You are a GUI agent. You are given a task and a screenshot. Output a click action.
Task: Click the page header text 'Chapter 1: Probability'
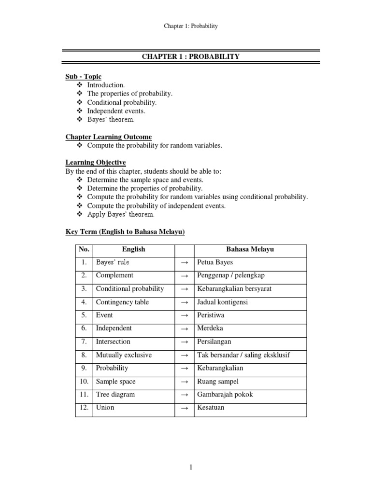(x=190, y=26)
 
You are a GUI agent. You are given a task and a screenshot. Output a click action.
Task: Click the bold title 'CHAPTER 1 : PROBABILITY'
(x=190, y=57)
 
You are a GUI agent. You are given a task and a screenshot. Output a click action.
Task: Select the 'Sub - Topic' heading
(x=84, y=77)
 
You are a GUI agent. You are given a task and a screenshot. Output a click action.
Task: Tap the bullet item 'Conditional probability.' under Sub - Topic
(x=122, y=102)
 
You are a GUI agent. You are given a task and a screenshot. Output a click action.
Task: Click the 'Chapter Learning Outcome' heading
(x=109, y=137)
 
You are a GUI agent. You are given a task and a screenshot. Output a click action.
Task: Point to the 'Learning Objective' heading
(x=96, y=163)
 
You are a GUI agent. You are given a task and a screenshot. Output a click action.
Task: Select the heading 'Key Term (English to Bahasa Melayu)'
(x=125, y=232)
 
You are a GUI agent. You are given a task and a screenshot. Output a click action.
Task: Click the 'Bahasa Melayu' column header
(x=250, y=250)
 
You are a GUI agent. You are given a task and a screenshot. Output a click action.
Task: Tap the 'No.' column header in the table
(x=84, y=250)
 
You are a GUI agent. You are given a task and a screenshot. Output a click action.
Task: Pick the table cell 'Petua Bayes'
(x=215, y=262)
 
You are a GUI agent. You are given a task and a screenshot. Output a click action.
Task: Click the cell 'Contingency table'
(x=122, y=302)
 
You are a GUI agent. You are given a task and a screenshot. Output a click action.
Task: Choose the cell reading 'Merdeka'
(x=210, y=328)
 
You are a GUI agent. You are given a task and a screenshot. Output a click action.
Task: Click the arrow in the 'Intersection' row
(x=184, y=342)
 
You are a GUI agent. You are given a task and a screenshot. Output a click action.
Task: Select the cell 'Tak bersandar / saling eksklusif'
(x=243, y=355)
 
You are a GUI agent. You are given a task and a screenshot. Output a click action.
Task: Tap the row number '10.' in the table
(x=84, y=382)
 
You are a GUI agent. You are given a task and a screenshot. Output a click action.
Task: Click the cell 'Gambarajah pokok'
(x=225, y=395)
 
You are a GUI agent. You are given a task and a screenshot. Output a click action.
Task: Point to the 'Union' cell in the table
(x=105, y=408)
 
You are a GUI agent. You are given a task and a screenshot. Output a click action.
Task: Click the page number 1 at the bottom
(x=191, y=467)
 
